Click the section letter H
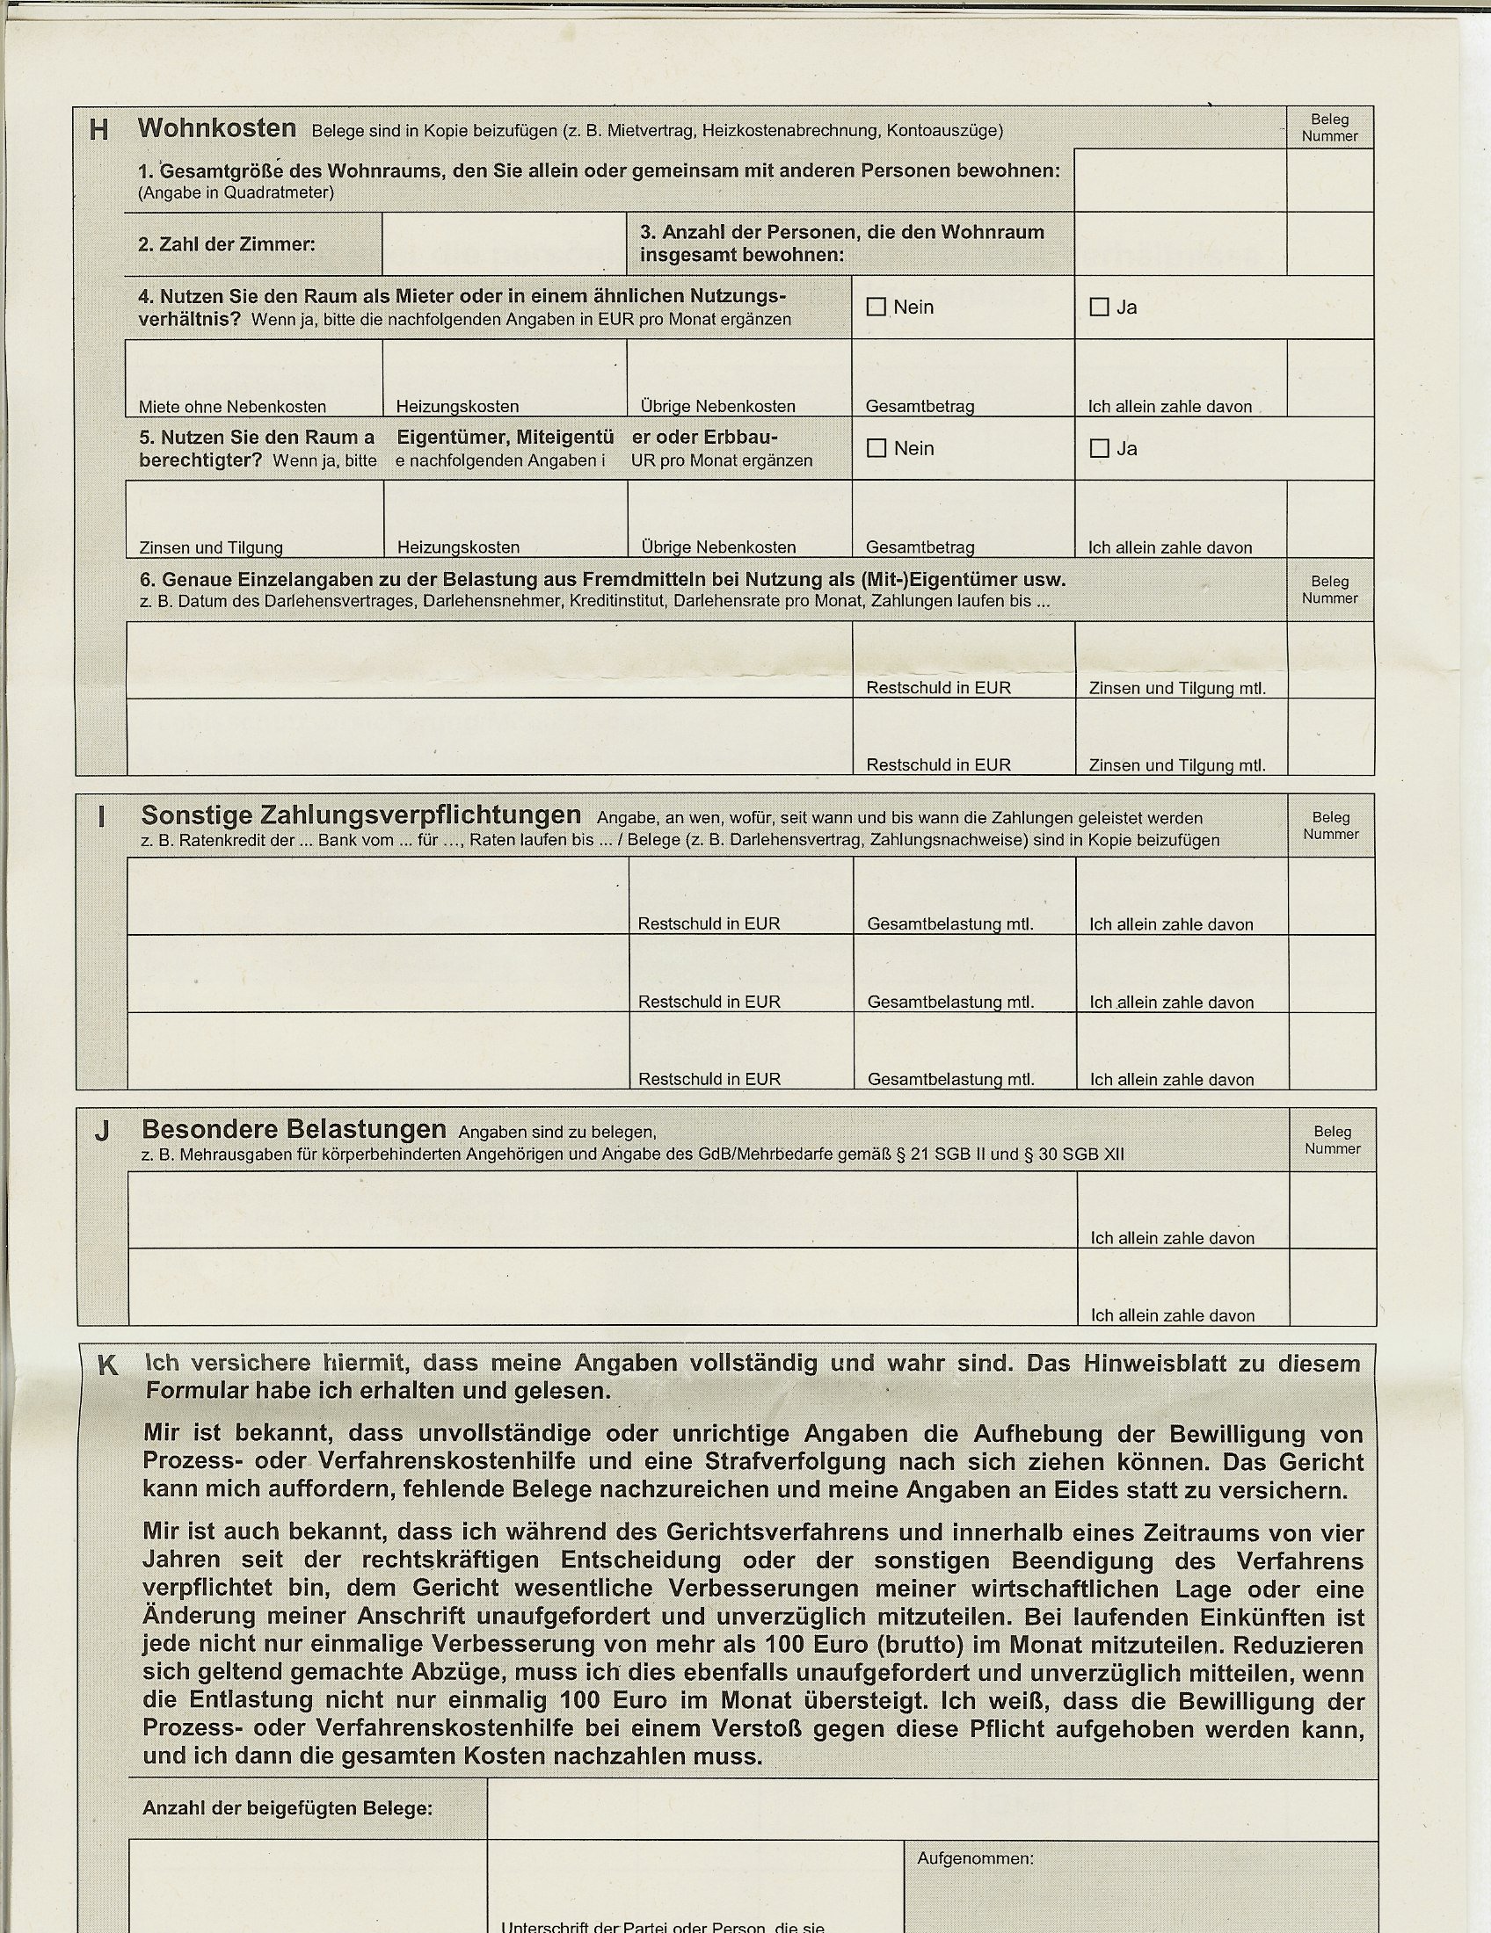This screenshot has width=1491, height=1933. pyautogui.click(x=99, y=130)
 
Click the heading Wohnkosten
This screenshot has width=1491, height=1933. pyautogui.click(x=217, y=128)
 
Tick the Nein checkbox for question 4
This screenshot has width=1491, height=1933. pyautogui.click(x=876, y=307)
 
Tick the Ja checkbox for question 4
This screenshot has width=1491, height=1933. pyautogui.click(x=1099, y=307)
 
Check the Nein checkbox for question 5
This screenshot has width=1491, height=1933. pyautogui.click(x=876, y=448)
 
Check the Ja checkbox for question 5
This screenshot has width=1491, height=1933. pyautogui.click(x=1099, y=448)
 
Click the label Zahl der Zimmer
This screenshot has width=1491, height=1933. pyautogui.click(x=227, y=244)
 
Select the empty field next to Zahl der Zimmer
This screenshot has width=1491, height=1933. pyautogui.click(x=504, y=243)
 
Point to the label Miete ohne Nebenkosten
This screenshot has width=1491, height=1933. pyautogui.click(x=232, y=406)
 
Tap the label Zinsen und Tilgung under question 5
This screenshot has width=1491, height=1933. pyautogui.click(x=211, y=547)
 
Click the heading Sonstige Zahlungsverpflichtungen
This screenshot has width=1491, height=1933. pyautogui.click(x=361, y=814)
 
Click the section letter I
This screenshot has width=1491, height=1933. pyautogui.click(x=101, y=816)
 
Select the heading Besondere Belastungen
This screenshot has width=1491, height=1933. pyautogui.click(x=294, y=1129)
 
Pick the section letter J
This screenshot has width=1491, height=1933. pyautogui.click(x=102, y=1131)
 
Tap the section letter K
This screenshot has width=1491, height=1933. pyautogui.click(x=107, y=1365)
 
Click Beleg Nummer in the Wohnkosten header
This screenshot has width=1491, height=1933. pyautogui.click(x=1329, y=127)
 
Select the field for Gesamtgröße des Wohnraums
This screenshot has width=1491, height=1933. pyautogui.click(x=1179, y=179)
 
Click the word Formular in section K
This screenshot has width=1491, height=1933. pyautogui.click(x=197, y=1391)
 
